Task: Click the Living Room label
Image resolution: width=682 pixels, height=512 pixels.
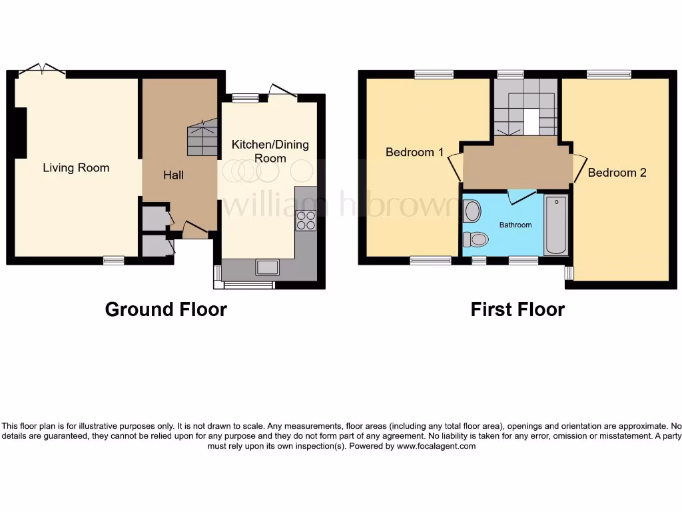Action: point(76,167)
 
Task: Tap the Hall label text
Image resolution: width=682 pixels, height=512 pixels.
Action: point(173,175)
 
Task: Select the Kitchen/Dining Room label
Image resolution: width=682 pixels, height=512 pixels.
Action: point(270,151)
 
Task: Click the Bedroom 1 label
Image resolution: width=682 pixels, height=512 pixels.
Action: point(414,152)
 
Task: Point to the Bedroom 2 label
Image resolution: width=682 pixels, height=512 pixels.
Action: point(617,173)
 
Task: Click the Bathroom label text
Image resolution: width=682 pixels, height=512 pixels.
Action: point(515,225)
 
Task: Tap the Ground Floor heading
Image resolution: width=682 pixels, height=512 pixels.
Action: point(166,309)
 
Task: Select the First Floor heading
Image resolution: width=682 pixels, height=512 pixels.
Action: point(517,309)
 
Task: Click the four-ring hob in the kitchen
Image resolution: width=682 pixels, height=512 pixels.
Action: point(306,220)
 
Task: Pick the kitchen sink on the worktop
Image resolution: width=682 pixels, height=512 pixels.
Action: point(268,267)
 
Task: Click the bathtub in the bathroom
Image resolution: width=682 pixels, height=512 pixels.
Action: point(555,225)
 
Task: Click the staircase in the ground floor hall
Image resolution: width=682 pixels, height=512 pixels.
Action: point(202,139)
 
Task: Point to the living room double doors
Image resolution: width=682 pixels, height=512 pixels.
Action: point(42,69)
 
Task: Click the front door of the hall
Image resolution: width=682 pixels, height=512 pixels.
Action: point(194,230)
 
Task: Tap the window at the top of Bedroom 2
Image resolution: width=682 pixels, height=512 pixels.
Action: point(609,75)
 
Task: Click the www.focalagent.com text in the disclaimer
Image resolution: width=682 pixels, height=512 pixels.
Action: point(436,446)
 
